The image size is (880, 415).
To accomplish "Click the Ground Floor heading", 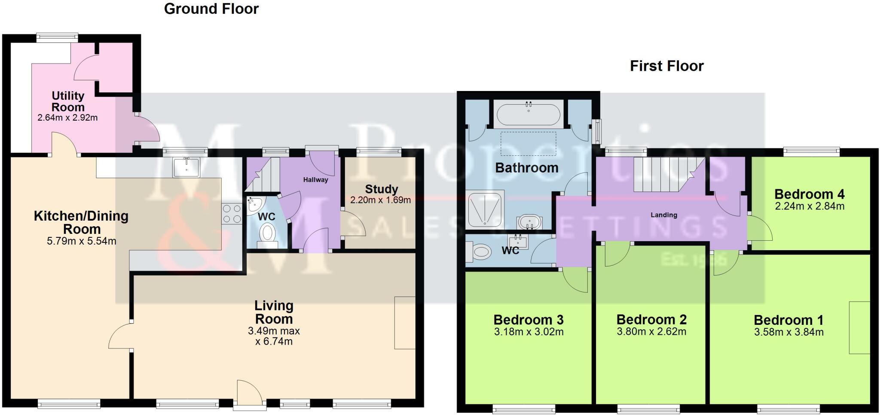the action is [x=211, y=9].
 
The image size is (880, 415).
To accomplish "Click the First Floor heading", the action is [x=667, y=66].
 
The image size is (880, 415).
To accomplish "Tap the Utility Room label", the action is [x=68, y=101].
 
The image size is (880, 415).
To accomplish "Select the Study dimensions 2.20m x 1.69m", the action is [x=380, y=200].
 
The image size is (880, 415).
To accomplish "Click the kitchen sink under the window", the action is [x=186, y=167].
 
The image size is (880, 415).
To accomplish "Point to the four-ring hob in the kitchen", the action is [x=232, y=213].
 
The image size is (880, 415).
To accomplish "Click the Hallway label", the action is [x=315, y=180].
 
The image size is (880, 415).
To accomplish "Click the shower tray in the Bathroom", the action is [x=485, y=209].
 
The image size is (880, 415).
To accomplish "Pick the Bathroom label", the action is [x=527, y=168].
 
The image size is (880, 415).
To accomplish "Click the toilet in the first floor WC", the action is [x=479, y=251].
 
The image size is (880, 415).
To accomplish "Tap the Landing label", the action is [x=664, y=215].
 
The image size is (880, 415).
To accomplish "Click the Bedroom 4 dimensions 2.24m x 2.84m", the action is [x=810, y=206].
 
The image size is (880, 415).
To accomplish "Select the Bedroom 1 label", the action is [x=788, y=320].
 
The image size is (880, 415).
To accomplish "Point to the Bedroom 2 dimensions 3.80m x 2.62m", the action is [x=651, y=332].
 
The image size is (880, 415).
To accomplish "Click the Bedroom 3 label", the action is [x=529, y=320].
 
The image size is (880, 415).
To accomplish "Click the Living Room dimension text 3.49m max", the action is [x=274, y=331].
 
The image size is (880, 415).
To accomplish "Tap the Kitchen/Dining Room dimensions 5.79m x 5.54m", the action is [x=82, y=241].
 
